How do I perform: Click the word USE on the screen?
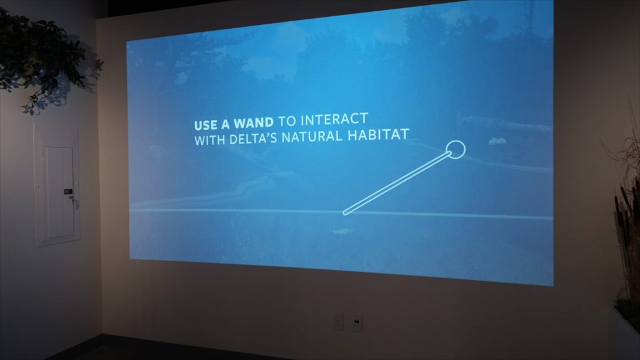click(206, 125)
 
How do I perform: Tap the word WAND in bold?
click(254, 123)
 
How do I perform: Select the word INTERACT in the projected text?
click(334, 119)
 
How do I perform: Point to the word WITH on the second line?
click(210, 140)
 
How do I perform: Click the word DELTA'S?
click(253, 138)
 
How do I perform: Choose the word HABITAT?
click(378, 135)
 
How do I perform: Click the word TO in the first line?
click(287, 121)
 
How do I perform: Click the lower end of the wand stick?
click(345, 212)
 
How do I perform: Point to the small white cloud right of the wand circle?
click(497, 141)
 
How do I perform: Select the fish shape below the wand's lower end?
click(342, 231)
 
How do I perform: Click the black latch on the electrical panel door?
click(67, 191)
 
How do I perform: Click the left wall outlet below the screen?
click(338, 322)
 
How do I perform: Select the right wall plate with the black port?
click(357, 323)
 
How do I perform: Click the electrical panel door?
click(60, 192)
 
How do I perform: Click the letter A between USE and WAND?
click(225, 124)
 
